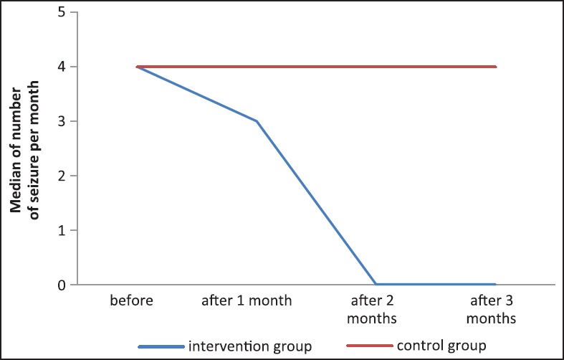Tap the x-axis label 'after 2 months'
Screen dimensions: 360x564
click(376, 308)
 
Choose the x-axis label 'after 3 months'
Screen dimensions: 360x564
click(495, 308)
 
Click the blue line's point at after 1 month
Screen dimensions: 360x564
click(256, 121)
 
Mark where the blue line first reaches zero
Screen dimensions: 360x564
click(376, 284)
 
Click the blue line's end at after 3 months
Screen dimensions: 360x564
click(495, 284)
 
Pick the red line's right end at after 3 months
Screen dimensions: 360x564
click(495, 67)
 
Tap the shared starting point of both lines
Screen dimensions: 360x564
click(137, 67)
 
